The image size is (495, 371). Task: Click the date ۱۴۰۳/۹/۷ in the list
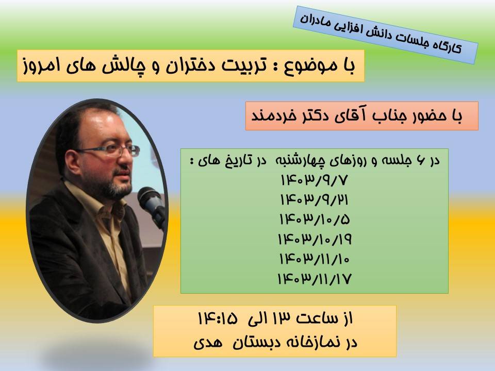click(315, 180)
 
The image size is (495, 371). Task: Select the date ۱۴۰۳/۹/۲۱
click(315, 200)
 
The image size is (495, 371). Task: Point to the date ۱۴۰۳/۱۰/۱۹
click(315, 239)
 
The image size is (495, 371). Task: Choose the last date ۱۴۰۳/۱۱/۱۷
click(315, 279)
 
